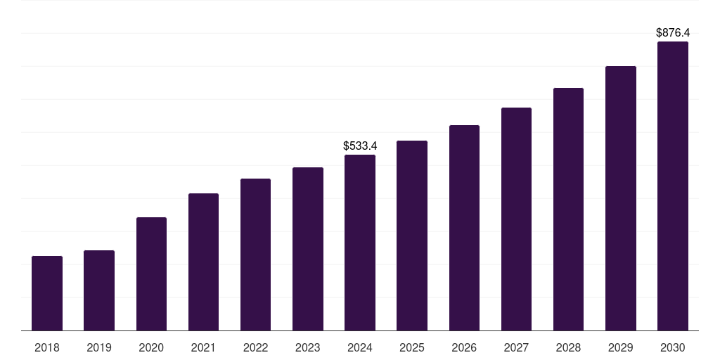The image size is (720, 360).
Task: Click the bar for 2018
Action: coord(47,293)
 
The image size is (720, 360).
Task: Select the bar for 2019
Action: coord(99,290)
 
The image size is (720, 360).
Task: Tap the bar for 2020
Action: coord(151,274)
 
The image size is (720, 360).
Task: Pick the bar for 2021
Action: coord(203,262)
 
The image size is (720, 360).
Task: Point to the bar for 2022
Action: coord(255,255)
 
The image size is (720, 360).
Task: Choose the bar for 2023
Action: coord(308,249)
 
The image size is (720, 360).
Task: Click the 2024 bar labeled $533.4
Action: coord(360,243)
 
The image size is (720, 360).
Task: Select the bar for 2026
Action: coord(464,228)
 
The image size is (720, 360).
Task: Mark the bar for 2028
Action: coord(568,210)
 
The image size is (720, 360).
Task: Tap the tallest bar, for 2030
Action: coord(672,186)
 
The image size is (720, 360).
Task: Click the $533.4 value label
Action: coord(360,146)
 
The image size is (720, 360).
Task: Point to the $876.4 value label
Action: coord(672,33)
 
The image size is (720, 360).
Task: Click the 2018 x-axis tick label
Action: coord(47,347)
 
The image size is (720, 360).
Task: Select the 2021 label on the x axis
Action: coord(203,347)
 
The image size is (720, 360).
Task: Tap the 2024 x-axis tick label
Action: coord(360,347)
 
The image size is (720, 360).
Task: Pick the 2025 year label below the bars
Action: coord(412,347)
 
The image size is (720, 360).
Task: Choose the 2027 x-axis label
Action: coord(516,347)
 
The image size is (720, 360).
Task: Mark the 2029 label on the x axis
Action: coord(620,347)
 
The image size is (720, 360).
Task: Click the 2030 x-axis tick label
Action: coord(672,347)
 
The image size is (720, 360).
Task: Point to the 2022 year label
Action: coord(255,347)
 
